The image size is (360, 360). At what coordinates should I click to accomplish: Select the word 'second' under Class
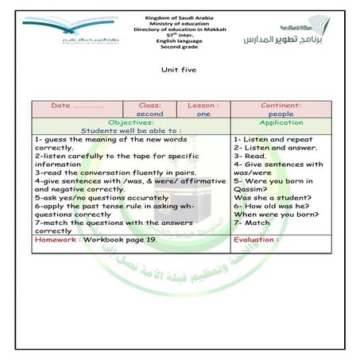point(149,114)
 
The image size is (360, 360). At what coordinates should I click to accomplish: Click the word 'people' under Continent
point(275,114)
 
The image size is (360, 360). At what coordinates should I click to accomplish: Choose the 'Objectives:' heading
point(131,122)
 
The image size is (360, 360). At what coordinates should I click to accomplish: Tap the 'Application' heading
point(275,123)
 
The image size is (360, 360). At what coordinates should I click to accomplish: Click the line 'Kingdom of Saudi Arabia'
point(179,17)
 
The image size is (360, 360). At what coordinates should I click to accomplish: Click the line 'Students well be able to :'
point(131,130)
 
